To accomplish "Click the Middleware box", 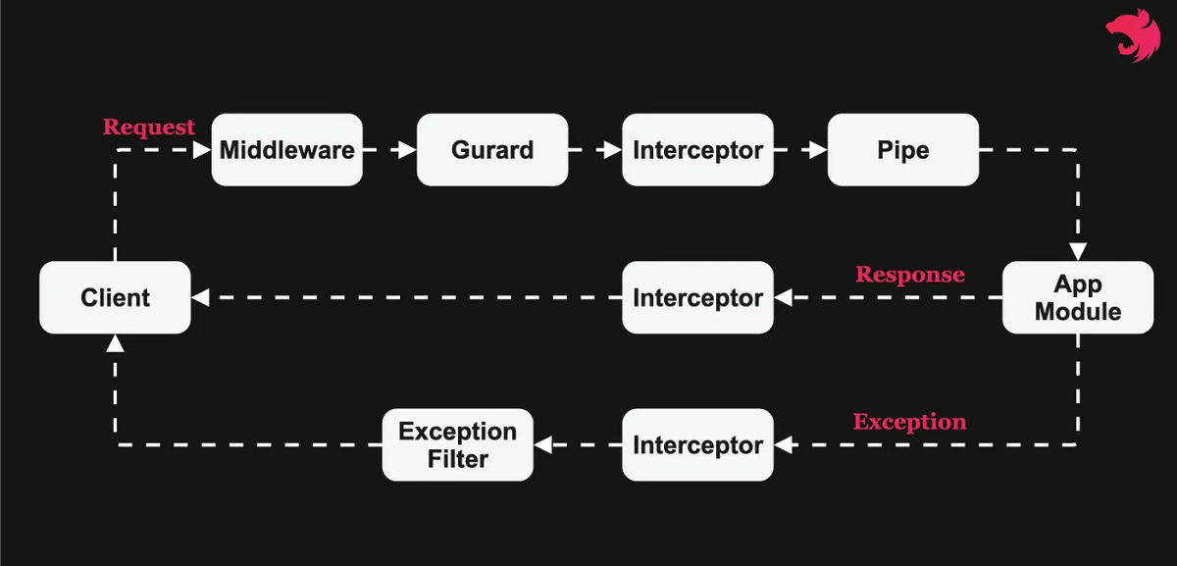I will coord(286,150).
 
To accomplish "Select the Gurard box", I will coord(492,150).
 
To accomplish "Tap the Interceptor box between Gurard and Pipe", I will coord(697,150).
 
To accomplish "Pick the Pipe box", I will coord(902,150).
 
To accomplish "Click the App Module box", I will coord(1077,297).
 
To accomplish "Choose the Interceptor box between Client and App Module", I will coord(697,297).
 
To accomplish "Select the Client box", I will coord(115,297).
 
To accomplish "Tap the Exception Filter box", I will coord(457,444).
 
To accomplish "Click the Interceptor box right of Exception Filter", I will coord(697,444).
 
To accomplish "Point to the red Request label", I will coord(149,128).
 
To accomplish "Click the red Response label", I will coord(909,275).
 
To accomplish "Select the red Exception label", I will coord(909,422).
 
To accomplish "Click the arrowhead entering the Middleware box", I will coord(203,150).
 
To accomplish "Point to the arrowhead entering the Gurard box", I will coord(408,150).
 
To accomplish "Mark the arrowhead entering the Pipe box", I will coord(819,150).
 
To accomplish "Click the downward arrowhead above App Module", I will coord(1077,252).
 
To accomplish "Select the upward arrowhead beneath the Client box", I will coord(115,342).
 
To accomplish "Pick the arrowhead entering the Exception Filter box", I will coord(542,444).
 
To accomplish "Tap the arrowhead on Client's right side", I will coord(199,297).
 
